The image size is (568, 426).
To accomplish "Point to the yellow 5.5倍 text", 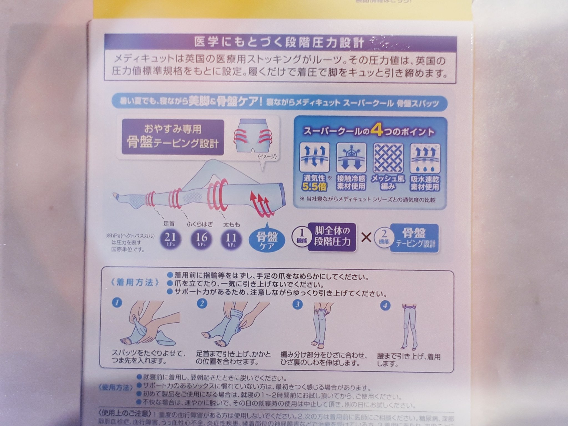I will pos(315,187).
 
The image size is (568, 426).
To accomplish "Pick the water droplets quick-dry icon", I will pos(425,158).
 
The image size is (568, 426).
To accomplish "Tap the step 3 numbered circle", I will pos(297,304).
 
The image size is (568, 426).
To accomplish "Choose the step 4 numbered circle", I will pos(385,306).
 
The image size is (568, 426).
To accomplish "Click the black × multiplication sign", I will pos(367,238).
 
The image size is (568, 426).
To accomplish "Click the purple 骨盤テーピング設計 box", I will pos(173,137).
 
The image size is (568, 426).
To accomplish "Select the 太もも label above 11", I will pos(231,224).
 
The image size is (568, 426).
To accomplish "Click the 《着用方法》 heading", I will pos(136,283).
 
